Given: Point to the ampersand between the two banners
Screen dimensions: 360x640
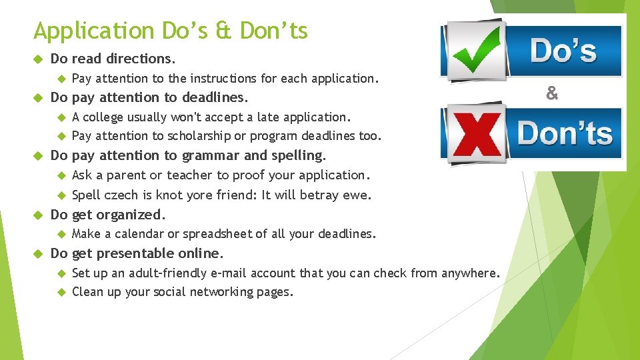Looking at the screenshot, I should (x=552, y=94).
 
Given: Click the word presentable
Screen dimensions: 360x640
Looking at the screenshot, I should (x=136, y=253).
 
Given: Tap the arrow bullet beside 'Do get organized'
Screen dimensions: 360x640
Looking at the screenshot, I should (x=37, y=215).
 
